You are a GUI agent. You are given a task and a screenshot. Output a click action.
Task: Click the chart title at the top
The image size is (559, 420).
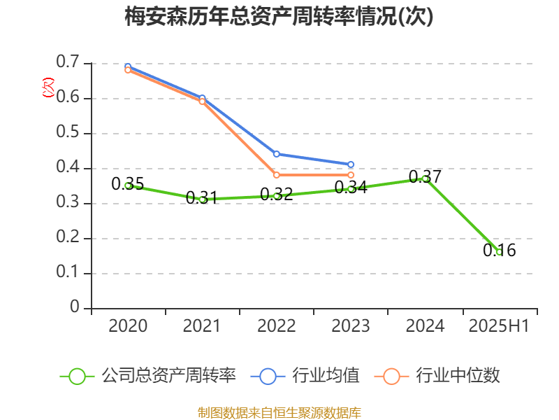279,17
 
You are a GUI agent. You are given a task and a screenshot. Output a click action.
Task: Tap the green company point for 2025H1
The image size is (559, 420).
499,252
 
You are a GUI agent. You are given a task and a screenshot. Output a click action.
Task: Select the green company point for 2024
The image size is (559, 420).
425,178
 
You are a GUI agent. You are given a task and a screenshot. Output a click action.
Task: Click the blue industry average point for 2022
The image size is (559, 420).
277,154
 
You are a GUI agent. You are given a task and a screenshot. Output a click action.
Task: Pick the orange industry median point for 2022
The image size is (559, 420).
277,175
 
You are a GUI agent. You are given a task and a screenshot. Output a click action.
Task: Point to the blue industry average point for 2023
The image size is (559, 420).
351,164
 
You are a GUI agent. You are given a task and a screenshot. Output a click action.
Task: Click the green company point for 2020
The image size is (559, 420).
128,185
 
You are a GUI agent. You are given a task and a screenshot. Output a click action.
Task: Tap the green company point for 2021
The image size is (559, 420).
203,199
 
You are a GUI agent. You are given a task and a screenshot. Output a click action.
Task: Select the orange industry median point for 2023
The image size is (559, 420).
351,175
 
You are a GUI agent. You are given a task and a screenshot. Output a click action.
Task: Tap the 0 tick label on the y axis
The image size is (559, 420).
75,308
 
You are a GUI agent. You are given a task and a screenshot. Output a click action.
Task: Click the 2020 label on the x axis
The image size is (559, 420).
128,326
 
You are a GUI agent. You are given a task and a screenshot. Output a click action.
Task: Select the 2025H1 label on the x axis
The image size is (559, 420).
499,326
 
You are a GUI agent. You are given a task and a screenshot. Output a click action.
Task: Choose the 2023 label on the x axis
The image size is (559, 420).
351,326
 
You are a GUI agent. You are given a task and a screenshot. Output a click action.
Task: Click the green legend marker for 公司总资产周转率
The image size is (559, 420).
77,376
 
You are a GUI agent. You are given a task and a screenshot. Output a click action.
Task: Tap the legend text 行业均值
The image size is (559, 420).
326,376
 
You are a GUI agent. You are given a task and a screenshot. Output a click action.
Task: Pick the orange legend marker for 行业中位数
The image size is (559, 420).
391,376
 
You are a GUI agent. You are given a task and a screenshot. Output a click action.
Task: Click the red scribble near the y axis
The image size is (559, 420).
48,87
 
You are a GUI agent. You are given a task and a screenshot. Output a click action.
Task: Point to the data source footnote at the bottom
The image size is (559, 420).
279,412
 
